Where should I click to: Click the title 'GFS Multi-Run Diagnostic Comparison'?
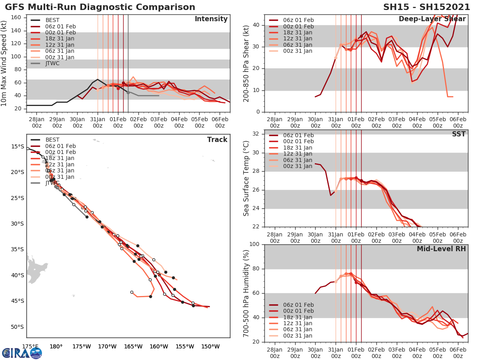coord(100,7)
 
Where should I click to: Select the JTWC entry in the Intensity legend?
coord(52,63)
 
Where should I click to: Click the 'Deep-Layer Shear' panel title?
coord(432,19)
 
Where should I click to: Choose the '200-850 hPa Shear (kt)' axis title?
coord(246,63)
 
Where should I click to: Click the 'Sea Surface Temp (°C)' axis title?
coord(246,178)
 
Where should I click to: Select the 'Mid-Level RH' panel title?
coord(441,249)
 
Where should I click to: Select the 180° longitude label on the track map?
coord(56,346)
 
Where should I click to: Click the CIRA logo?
coord(22,353)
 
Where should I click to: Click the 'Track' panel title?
coord(217,140)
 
